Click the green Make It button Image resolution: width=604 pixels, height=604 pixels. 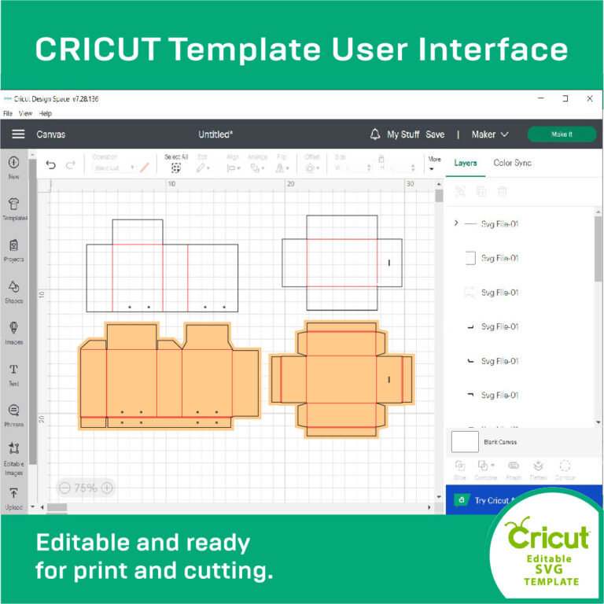(x=562, y=134)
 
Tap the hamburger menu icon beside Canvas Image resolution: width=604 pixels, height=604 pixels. (x=18, y=134)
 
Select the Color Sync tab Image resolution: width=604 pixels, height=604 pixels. (x=512, y=163)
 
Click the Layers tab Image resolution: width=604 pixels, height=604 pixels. (x=466, y=163)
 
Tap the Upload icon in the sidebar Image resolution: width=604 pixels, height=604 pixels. (x=13, y=496)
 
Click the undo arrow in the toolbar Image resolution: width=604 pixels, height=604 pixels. (x=51, y=165)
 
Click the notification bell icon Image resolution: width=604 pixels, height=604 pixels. (x=375, y=134)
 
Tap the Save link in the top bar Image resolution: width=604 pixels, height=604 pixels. (x=435, y=134)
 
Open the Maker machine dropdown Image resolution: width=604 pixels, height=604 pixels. (x=489, y=134)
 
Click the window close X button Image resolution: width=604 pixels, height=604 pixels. (x=589, y=99)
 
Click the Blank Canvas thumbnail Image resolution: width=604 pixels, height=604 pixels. (x=465, y=442)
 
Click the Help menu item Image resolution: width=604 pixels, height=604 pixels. (x=46, y=113)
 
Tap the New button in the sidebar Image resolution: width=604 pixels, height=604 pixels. (x=13, y=166)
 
